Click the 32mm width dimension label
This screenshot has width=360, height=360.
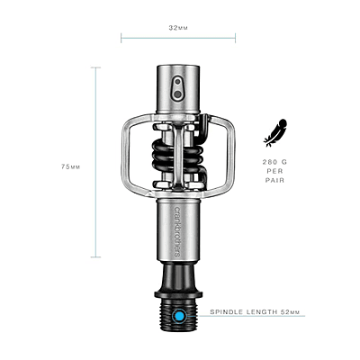(x=178, y=28)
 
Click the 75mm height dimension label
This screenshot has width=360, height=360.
(x=71, y=166)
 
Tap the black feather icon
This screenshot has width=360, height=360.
(x=275, y=132)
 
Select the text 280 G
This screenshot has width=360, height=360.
(x=274, y=162)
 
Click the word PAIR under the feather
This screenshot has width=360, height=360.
(x=274, y=180)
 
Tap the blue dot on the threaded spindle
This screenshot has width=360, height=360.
(x=179, y=316)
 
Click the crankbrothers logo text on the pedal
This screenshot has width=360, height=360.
(x=177, y=231)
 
